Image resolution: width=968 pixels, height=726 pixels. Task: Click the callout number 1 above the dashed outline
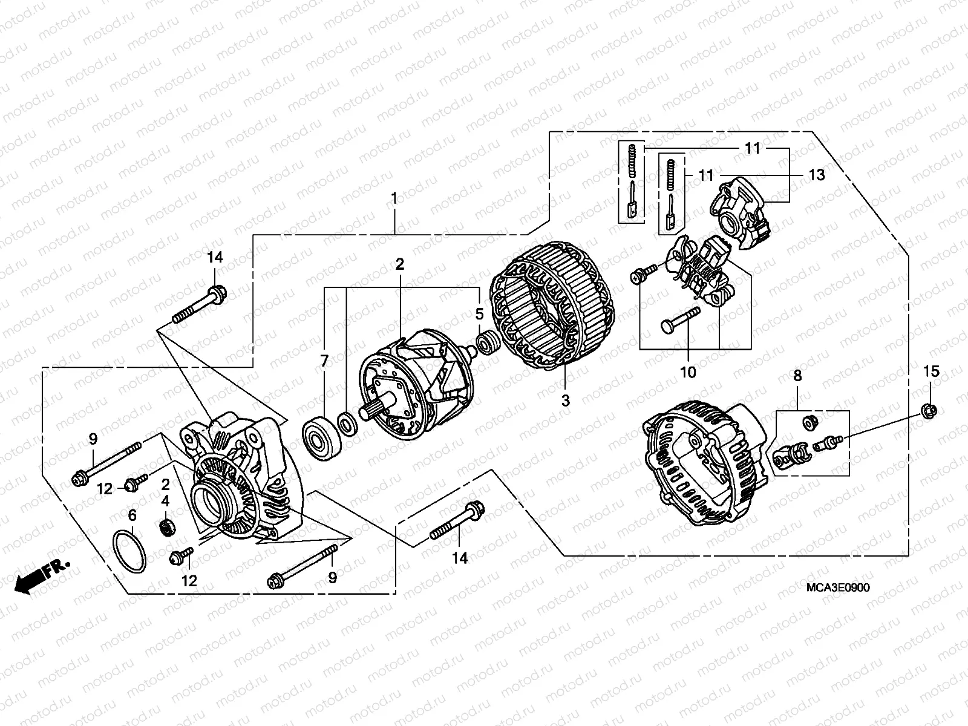pyautogui.click(x=394, y=198)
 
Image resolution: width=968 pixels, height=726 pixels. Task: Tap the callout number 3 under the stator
pyautogui.click(x=564, y=400)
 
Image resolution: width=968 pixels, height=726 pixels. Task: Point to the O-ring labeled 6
pyautogui.click(x=129, y=551)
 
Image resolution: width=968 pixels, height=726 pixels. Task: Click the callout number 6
pyautogui.click(x=132, y=515)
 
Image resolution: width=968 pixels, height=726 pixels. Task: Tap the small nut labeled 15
pyautogui.click(x=931, y=411)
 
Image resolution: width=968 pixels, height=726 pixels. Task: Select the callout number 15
pyautogui.click(x=932, y=371)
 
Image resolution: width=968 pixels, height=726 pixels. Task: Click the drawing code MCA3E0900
pyautogui.click(x=837, y=588)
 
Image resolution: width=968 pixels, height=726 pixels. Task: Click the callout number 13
pyautogui.click(x=817, y=175)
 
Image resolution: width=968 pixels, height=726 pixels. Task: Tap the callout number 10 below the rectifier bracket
pyautogui.click(x=688, y=372)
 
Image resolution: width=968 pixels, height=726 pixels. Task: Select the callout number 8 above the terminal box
pyautogui.click(x=797, y=376)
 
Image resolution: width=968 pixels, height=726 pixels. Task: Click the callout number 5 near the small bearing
pyautogui.click(x=479, y=314)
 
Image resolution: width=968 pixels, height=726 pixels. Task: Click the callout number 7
pyautogui.click(x=324, y=361)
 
